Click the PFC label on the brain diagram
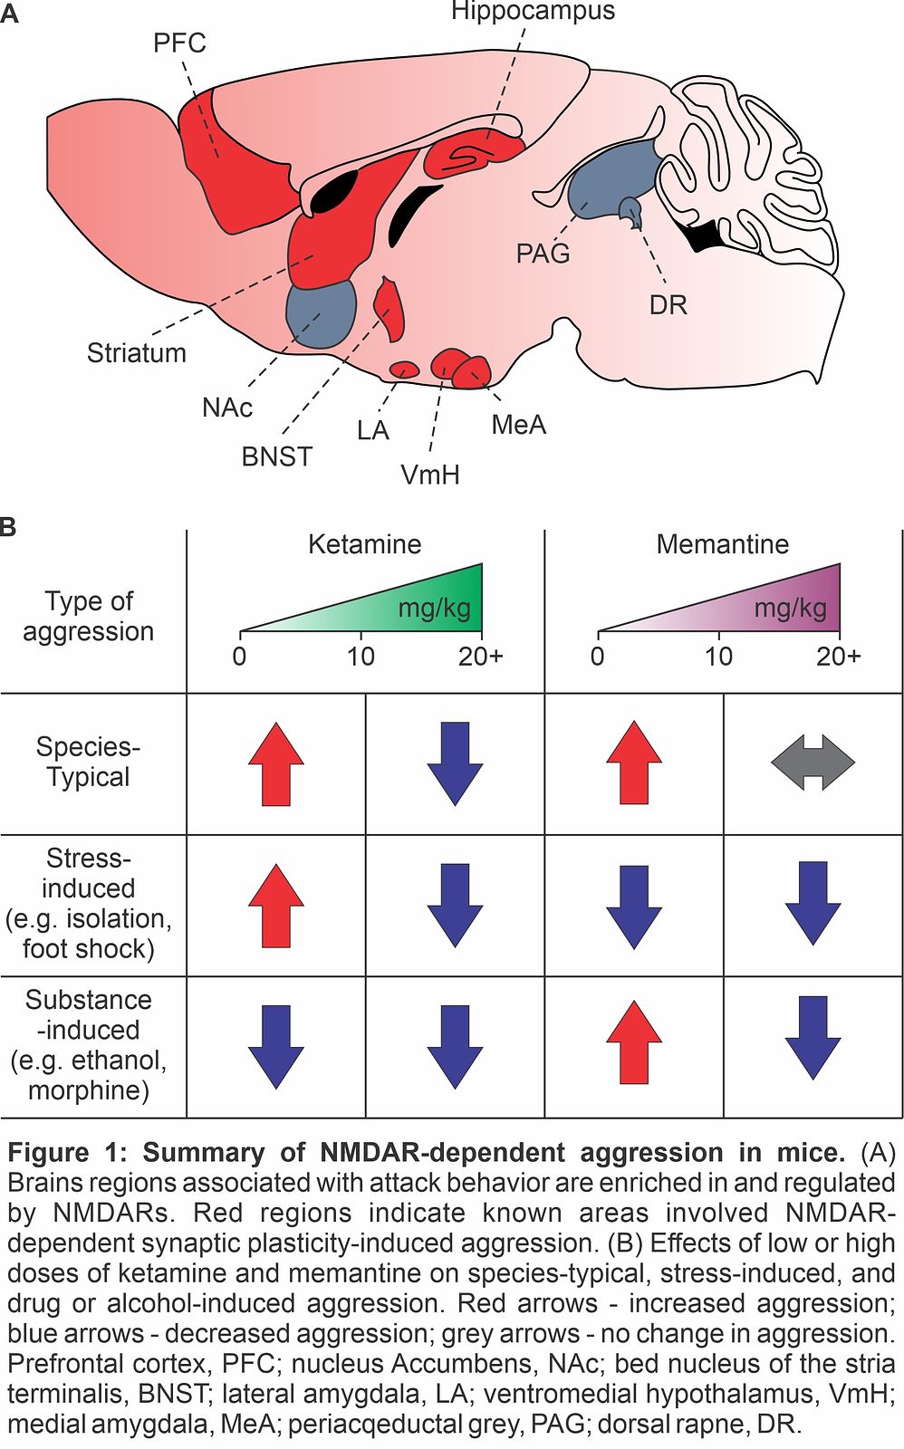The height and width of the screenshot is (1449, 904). [179, 43]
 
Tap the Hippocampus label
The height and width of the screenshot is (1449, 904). [533, 12]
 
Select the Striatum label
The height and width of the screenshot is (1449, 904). [137, 353]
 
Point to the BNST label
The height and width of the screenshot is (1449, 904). [276, 456]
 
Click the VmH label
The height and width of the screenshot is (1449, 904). [430, 475]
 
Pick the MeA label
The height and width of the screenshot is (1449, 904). [518, 425]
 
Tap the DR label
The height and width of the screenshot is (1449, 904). [668, 305]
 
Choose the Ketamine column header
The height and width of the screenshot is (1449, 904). [364, 544]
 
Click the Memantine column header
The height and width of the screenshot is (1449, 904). [722, 544]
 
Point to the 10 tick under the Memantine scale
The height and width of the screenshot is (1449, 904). [718, 657]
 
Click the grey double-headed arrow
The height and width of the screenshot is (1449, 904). [813, 763]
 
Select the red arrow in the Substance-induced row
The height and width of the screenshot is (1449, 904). [634, 1042]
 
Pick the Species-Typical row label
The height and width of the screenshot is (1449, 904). [88, 763]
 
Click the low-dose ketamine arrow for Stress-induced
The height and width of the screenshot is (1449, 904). [276, 906]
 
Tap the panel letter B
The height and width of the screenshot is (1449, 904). [8, 527]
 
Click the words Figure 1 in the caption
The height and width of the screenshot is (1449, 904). [63, 1154]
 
